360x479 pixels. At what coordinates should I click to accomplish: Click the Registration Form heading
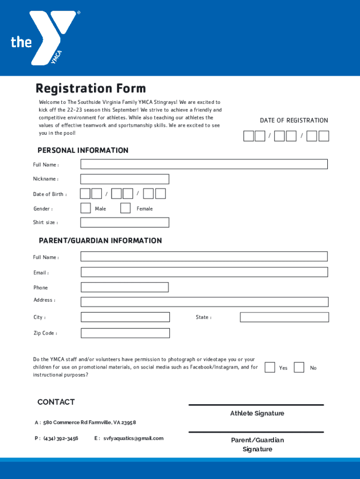(91, 88)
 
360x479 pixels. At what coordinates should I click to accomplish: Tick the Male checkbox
(86, 208)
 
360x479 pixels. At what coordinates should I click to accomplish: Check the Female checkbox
(125, 208)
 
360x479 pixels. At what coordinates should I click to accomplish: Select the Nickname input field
(124, 179)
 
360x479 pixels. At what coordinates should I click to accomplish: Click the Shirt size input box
(124, 222)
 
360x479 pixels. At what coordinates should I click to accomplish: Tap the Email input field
(204, 272)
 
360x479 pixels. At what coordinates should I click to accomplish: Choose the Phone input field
(124, 287)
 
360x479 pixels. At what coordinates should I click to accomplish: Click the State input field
(284, 317)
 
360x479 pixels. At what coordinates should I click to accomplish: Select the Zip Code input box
(125, 333)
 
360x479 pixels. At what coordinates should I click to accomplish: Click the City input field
(125, 317)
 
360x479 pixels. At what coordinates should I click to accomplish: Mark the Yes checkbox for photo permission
(270, 367)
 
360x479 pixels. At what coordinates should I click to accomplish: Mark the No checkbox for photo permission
(299, 367)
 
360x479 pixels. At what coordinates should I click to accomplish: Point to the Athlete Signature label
(257, 414)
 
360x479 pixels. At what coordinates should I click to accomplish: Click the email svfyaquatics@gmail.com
(133, 438)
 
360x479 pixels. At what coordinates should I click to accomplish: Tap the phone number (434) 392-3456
(61, 438)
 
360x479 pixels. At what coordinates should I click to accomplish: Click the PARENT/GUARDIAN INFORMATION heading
(100, 240)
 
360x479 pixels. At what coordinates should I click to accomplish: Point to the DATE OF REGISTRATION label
(294, 121)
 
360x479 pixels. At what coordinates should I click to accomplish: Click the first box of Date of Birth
(85, 194)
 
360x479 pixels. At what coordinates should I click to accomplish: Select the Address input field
(204, 302)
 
